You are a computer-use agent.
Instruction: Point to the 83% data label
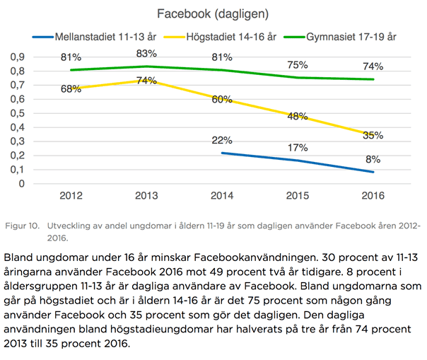click(147, 54)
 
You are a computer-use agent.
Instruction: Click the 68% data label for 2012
click(71, 89)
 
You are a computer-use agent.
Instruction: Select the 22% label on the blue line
click(222, 140)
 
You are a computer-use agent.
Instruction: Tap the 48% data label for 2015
click(297, 116)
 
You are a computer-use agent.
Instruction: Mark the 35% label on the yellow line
click(372, 135)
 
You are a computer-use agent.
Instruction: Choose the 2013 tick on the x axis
click(147, 195)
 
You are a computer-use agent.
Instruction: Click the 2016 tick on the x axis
click(372, 195)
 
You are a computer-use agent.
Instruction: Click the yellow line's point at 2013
click(147, 80)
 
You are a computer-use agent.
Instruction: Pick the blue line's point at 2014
click(222, 153)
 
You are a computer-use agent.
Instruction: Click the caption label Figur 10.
click(21, 226)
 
